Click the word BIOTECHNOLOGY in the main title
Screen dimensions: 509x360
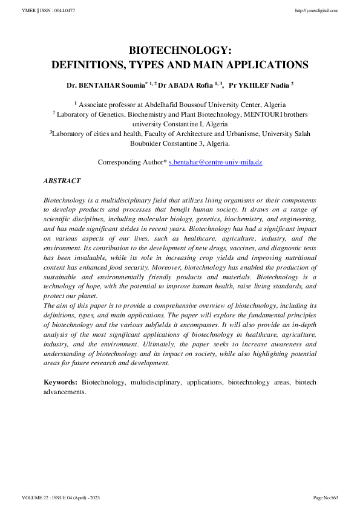(x=180, y=51)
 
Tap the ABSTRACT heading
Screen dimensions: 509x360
(x=62, y=181)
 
